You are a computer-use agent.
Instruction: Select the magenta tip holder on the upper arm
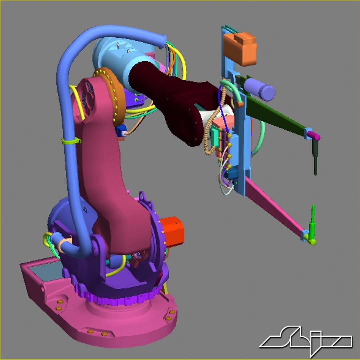coord(314,136)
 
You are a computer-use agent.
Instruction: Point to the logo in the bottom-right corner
coord(306,341)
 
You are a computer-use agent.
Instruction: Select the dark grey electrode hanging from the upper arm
coord(315,160)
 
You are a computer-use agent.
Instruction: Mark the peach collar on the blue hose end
coord(63,246)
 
